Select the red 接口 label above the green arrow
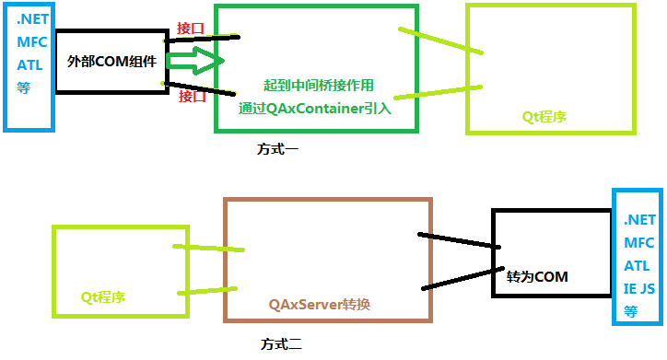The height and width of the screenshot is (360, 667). click(x=193, y=28)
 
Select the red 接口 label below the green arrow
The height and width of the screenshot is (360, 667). click(x=192, y=96)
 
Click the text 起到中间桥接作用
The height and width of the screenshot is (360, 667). click(x=318, y=85)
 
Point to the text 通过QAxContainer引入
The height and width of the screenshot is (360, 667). click(x=315, y=108)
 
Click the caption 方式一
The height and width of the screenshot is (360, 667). click(x=277, y=147)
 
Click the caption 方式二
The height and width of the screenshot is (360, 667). click(x=281, y=345)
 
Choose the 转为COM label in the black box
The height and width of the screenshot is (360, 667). click(x=537, y=276)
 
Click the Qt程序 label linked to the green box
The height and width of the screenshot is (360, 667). click(x=544, y=117)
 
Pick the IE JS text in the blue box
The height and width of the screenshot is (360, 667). click(x=639, y=288)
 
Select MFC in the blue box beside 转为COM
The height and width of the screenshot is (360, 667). click(x=638, y=243)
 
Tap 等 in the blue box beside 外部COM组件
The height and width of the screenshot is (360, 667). click(x=23, y=88)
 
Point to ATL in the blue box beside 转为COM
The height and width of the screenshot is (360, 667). click(x=638, y=266)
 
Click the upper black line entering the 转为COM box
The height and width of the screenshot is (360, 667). click(x=458, y=240)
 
